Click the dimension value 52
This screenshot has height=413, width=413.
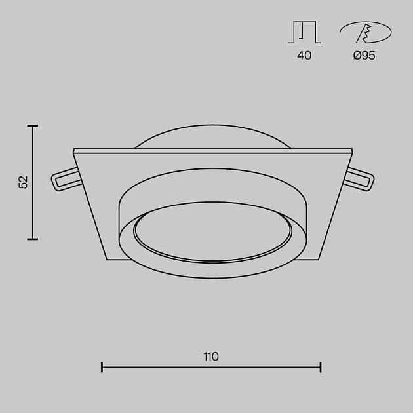coord(24,182)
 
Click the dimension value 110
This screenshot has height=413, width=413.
coord(211,357)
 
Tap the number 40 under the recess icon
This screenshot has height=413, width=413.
coord(304,56)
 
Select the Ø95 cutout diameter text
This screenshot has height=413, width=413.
coord(364,56)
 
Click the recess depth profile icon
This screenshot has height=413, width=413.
coord(304,32)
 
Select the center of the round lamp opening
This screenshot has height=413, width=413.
coord(214,234)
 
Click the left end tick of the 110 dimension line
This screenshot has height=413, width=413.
coord(102,366)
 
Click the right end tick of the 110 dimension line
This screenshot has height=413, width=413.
coord(321,366)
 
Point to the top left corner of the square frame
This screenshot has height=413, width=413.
coord(74,151)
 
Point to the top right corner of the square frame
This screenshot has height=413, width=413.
coord(352,151)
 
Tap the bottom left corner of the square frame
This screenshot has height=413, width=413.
coord(107,260)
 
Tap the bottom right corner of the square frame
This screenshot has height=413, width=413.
coord(320,260)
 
